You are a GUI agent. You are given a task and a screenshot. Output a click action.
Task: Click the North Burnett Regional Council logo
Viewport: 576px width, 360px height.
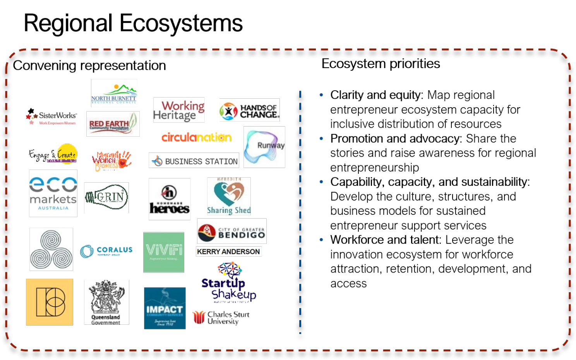point(114,93)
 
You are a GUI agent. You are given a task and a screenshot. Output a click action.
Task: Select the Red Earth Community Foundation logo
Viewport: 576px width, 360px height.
point(113,124)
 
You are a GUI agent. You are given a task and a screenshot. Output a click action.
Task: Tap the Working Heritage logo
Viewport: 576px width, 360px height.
point(179,110)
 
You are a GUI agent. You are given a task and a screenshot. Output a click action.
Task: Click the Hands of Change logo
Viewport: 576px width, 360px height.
point(249,110)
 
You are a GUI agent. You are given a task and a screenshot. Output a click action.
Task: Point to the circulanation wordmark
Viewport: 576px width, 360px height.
point(197,137)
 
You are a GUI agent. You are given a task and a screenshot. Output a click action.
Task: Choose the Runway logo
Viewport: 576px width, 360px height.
point(264,147)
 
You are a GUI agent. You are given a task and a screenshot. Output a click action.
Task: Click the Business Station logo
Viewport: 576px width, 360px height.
point(194,160)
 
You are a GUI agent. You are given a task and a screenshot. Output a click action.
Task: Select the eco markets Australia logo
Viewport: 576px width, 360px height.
point(53,193)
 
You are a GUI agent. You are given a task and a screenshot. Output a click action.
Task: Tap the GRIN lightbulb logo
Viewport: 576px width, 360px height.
point(106,198)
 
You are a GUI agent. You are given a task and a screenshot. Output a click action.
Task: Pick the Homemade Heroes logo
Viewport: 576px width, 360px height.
point(170,199)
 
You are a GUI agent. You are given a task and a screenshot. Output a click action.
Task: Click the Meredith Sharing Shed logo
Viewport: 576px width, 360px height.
point(229,196)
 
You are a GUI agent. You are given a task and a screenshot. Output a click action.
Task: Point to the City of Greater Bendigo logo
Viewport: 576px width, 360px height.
point(232,231)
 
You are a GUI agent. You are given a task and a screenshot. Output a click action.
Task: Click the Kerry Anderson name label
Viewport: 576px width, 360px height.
point(229,252)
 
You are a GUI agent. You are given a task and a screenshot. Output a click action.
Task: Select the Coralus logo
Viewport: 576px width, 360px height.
point(106,251)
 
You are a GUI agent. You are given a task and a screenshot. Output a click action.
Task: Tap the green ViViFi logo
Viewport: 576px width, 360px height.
point(164,252)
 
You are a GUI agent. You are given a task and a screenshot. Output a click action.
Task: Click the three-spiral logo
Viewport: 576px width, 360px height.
point(51,249)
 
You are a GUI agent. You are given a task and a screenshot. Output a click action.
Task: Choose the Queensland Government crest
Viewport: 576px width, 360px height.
point(106,302)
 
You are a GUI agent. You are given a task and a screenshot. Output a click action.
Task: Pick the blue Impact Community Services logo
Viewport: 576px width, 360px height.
point(165,308)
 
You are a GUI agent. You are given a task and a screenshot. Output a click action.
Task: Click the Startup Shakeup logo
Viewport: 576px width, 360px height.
point(229,283)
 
